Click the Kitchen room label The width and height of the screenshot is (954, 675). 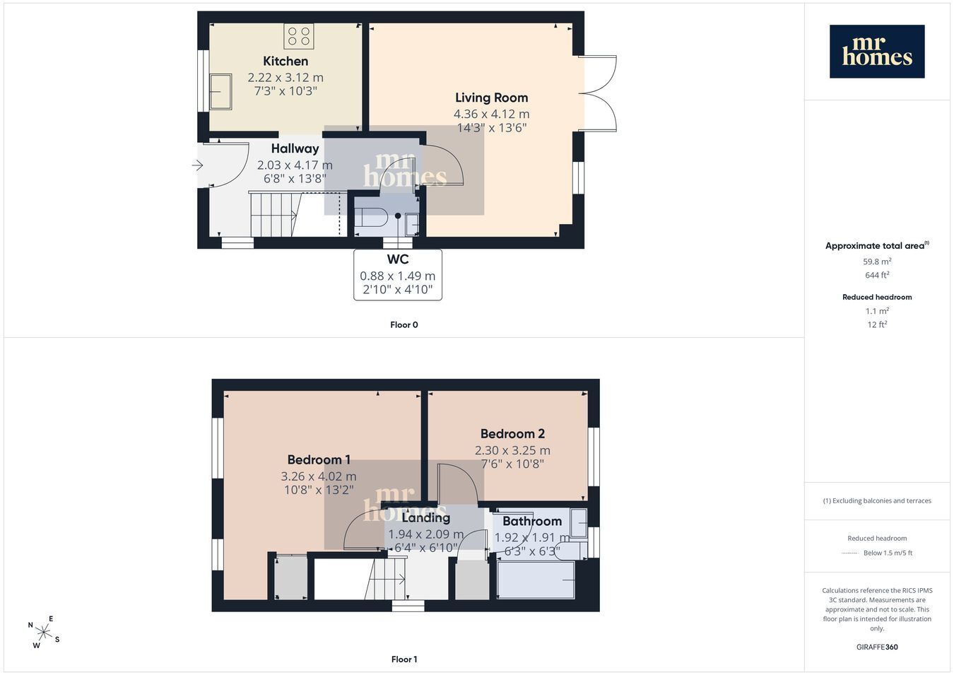point(285,61)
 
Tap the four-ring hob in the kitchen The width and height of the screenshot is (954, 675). point(298,36)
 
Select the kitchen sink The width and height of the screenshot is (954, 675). point(220,92)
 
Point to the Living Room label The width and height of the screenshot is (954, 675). point(491,98)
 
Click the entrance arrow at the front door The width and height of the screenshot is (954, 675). point(197,165)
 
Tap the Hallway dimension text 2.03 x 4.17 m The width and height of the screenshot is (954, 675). point(295,165)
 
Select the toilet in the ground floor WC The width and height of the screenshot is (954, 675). point(370,217)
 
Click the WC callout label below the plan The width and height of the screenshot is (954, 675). point(398,259)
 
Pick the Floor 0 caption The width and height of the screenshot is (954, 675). point(404,325)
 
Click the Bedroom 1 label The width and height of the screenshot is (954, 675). point(319,459)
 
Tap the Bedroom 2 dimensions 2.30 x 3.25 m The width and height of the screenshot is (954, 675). point(512,450)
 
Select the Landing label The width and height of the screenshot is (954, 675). point(426,518)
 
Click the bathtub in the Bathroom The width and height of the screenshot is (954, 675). point(536,580)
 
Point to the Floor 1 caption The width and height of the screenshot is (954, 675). point(404,659)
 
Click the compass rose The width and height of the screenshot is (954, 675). point(43,633)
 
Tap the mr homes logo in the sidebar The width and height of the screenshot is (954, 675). point(877,52)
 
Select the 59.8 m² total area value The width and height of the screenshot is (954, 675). point(877,262)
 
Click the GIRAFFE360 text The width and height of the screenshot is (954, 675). point(877,647)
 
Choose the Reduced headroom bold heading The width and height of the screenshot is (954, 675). point(877,298)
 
